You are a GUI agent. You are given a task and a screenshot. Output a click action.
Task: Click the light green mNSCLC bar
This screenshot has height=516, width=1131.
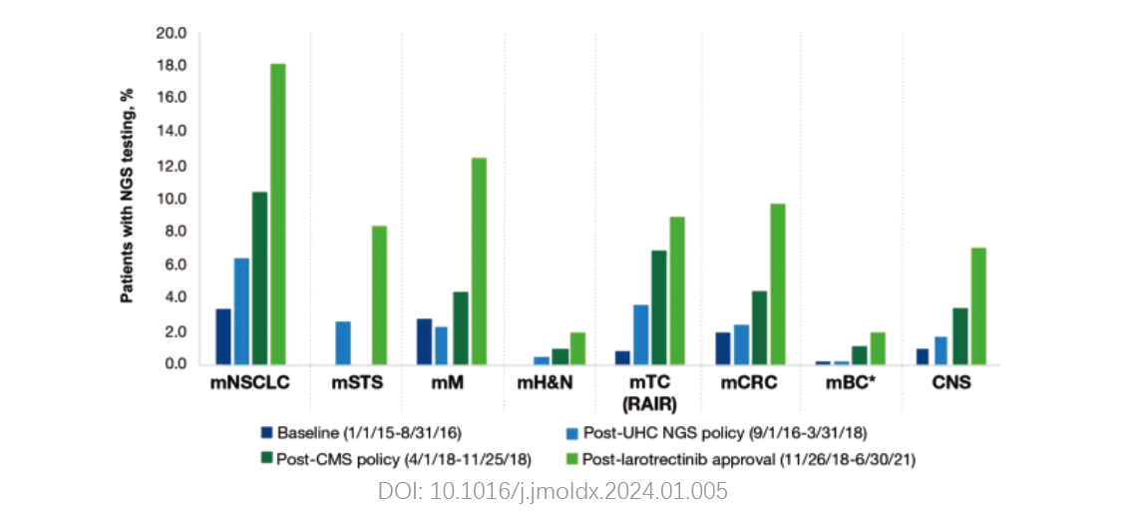tap(278, 214)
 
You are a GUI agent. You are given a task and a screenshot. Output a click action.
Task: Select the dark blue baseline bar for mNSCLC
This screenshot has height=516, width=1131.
tap(223, 336)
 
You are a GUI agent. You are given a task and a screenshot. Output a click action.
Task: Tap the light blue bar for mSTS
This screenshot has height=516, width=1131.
tap(343, 342)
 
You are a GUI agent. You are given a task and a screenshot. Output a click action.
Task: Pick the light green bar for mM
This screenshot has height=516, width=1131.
tap(479, 260)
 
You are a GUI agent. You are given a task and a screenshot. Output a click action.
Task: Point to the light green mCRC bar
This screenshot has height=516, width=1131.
tap(778, 283)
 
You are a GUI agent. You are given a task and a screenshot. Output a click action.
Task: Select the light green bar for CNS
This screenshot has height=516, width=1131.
tap(978, 305)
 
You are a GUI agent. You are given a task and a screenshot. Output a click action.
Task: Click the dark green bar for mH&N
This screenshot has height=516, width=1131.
tap(560, 356)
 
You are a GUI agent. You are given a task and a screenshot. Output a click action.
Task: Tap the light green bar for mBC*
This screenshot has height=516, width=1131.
tap(878, 348)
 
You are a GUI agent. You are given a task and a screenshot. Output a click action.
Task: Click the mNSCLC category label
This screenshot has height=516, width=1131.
tap(249, 382)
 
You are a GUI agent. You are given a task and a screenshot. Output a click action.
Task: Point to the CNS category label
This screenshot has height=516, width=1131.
tap(950, 382)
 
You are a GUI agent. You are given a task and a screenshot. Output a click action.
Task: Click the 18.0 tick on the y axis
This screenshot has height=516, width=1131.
tap(173, 66)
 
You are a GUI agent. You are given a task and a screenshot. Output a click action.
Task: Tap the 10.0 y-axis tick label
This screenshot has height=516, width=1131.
tap(173, 199)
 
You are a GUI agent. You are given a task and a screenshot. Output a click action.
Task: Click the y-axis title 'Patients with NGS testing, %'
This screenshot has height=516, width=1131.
tap(128, 195)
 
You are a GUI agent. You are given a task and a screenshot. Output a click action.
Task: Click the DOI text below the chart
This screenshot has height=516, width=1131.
tap(553, 491)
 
